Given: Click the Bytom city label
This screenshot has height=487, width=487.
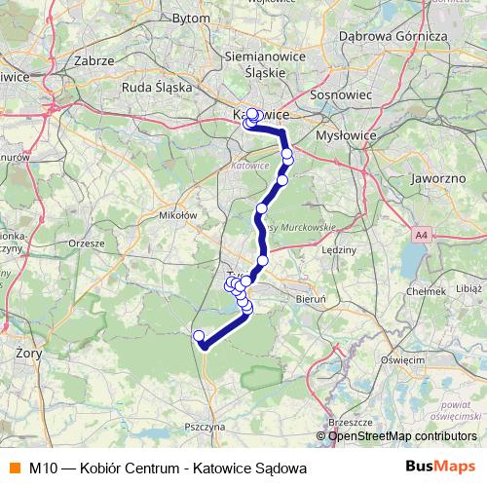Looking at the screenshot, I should point(217,19).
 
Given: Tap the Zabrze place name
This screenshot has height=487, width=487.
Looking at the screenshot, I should point(94,60).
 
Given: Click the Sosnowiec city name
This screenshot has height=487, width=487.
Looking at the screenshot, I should point(335,95).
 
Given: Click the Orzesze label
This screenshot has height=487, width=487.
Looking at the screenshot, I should point(86,243).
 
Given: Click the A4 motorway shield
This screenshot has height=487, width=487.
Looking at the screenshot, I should point(420,235).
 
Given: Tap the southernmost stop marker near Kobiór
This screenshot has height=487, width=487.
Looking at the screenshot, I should point(200,337).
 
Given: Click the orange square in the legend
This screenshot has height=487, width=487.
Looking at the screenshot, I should point(15,468).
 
